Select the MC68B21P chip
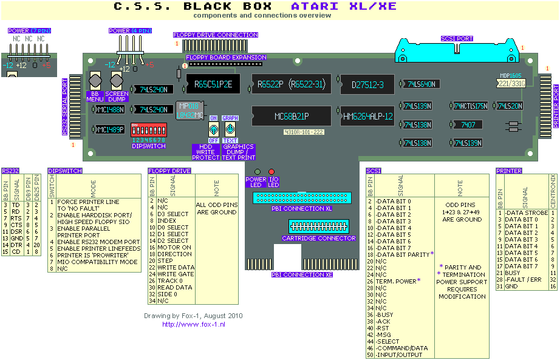pyautogui.click(x=291, y=115)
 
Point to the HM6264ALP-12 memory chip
pyautogui.click(x=367, y=116)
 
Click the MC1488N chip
pyautogui.click(x=110, y=110)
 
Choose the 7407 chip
pyautogui.click(x=468, y=124)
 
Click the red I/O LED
pyautogui.click(x=271, y=172)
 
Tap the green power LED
pyautogui.click(x=257, y=172)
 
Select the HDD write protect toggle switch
pyautogui.click(x=214, y=130)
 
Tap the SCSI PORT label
pyautogui.click(x=457, y=39)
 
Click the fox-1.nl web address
pyautogui.click(x=193, y=325)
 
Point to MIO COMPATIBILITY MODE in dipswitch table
pyautogui.click(x=97, y=262)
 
